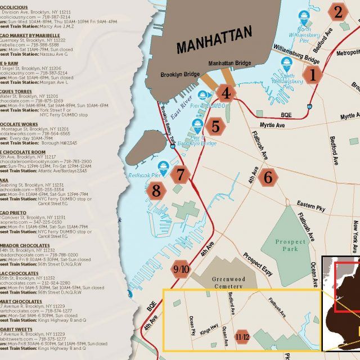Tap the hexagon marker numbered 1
[x=313, y=74]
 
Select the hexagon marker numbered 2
[x=338, y=11]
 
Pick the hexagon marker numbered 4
[x=226, y=93]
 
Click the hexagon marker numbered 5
[x=215, y=126]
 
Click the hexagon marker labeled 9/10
[x=182, y=269]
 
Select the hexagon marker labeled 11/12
[x=242, y=335]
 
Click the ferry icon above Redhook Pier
[x=164, y=166]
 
